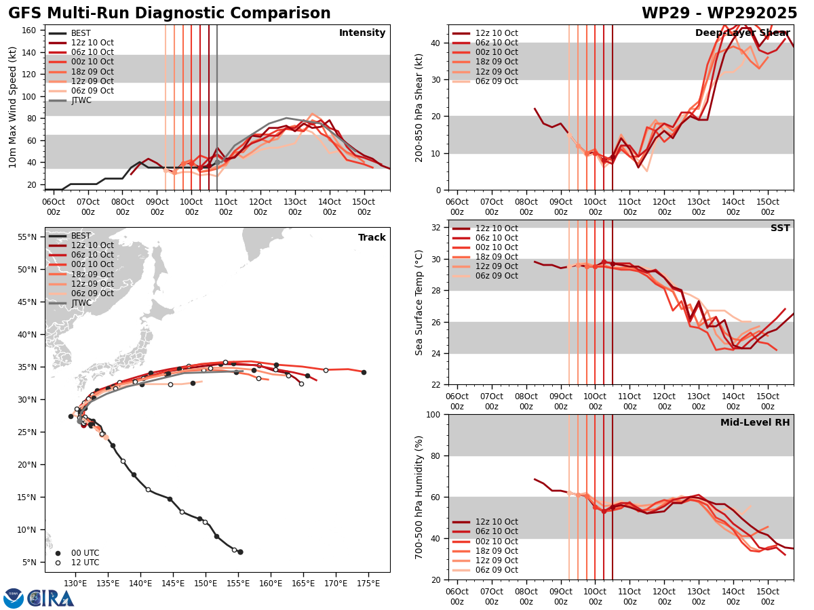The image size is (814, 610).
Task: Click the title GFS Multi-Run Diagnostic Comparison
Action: pos(170,14)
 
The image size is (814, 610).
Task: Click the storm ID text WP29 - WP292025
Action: pos(719,14)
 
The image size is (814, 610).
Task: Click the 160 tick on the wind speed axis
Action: pos(31,30)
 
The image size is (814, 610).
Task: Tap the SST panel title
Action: pos(779,228)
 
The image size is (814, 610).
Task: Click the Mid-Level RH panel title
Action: pos(755,423)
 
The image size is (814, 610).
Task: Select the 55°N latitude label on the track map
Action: pos(27,237)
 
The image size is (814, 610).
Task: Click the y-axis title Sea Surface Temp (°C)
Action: pos(419,302)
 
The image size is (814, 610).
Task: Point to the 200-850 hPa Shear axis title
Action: pos(419,107)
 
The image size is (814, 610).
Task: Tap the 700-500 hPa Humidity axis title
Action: pos(419,497)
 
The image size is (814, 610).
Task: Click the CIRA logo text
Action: pos(51,598)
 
